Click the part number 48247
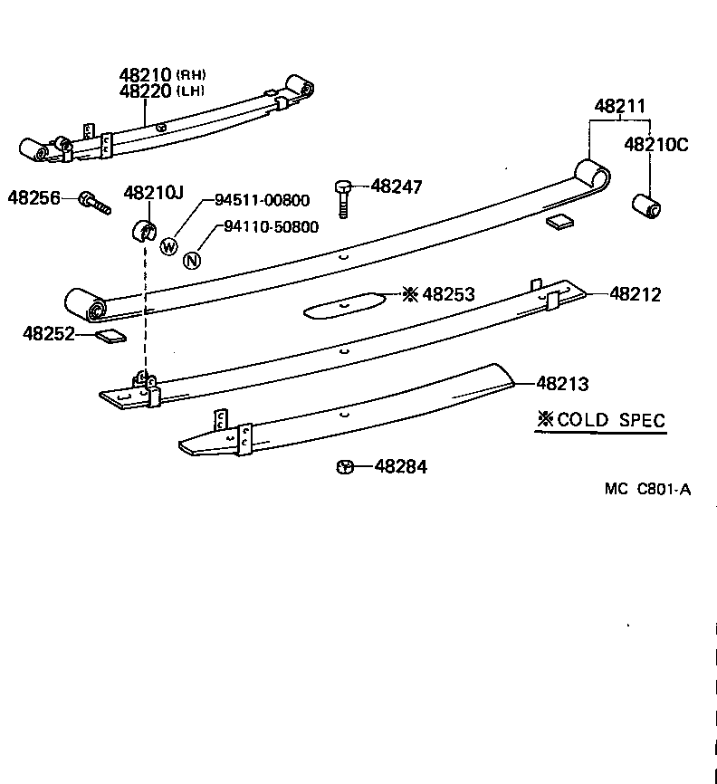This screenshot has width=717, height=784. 397,187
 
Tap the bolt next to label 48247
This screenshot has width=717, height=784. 344,196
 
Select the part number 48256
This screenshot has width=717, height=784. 33,196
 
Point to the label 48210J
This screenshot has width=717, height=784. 153,192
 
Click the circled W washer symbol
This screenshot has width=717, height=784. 168,244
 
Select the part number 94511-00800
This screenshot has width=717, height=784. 261,201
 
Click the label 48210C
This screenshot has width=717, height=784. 656,144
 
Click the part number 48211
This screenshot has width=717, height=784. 620,107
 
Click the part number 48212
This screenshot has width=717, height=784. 635,294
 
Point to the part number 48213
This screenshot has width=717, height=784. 562,384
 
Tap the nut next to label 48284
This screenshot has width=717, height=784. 345,467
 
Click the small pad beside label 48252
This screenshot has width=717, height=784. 110,338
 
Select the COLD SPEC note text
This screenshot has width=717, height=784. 601,420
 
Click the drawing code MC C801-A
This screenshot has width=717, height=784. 647,490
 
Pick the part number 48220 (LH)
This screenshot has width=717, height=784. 162,91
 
